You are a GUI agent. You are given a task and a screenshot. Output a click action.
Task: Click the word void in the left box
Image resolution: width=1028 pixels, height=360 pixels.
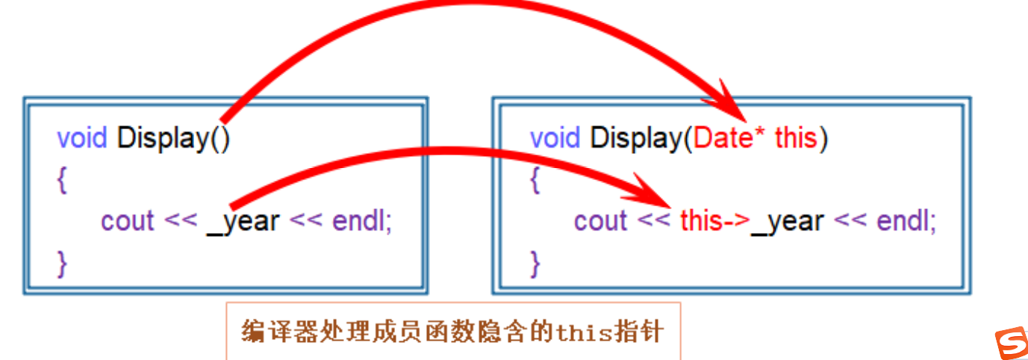(x=83, y=138)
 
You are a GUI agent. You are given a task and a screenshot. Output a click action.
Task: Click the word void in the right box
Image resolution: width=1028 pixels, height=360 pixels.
(x=555, y=138)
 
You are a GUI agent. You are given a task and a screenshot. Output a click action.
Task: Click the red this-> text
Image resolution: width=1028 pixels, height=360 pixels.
(x=714, y=220)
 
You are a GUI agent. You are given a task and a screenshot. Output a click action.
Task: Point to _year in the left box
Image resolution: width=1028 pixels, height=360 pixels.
(x=243, y=221)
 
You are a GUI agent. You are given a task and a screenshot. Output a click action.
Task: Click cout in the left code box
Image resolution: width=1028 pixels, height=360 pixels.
(x=128, y=221)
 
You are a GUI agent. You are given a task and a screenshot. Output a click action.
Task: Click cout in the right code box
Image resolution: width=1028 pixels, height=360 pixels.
(x=600, y=221)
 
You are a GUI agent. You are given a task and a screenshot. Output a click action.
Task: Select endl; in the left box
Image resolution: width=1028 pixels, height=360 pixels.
(x=362, y=221)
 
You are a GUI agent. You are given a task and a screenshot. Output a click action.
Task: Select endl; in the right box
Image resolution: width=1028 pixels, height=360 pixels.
(x=906, y=221)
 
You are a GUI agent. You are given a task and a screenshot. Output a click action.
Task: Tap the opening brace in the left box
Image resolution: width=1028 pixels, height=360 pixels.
(x=62, y=181)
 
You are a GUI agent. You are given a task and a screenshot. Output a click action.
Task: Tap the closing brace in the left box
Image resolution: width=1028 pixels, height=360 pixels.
(x=62, y=263)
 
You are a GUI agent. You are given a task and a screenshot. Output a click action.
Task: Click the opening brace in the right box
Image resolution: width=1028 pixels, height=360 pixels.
(x=535, y=181)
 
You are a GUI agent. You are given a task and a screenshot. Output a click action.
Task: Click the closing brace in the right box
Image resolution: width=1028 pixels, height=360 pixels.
(x=535, y=263)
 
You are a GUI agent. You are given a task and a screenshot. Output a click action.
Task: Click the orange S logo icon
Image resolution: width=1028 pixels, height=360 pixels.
(x=1011, y=343)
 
